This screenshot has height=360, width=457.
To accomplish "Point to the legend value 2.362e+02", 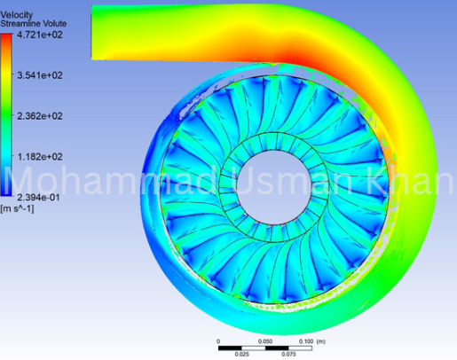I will click(39, 116).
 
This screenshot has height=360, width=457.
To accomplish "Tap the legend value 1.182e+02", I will click(39, 156).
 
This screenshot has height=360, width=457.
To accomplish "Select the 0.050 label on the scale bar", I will click(264, 340).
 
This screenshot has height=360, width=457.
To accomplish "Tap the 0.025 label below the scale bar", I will click(241, 354).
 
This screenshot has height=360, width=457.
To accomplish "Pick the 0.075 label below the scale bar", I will click(287, 354).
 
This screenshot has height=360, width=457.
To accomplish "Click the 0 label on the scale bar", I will click(218, 340).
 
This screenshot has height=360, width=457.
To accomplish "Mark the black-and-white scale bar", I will click(263, 347).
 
